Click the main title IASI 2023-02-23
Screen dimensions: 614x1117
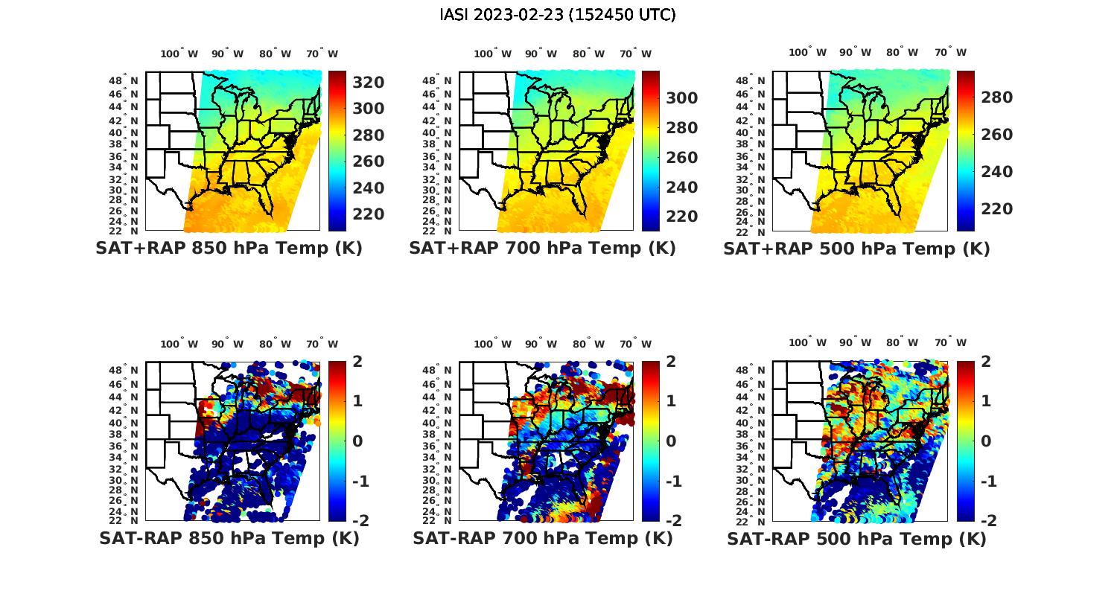(x=558, y=15)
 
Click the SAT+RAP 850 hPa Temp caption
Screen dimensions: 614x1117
(x=229, y=249)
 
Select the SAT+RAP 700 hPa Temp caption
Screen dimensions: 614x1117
(x=542, y=249)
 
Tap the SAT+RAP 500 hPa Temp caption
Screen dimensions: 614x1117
(x=856, y=249)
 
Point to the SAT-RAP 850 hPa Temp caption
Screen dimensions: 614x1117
(x=229, y=538)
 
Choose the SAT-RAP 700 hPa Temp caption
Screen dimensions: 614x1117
(x=542, y=538)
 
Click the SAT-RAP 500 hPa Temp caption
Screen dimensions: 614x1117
(x=856, y=538)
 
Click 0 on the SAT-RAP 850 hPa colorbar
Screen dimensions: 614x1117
(x=357, y=441)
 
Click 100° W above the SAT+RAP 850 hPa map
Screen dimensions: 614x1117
(x=179, y=54)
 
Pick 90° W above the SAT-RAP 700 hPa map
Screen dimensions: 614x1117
(x=541, y=344)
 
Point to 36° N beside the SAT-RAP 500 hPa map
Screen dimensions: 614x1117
(x=751, y=445)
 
